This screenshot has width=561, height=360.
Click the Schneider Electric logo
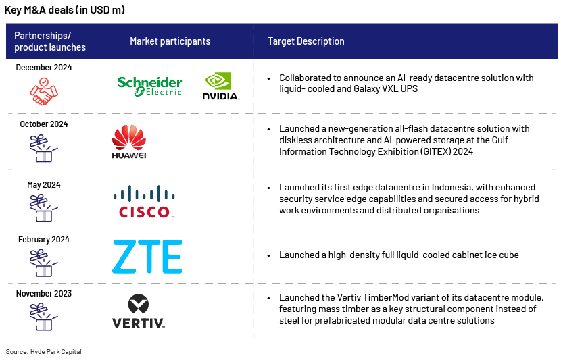pyautogui.click(x=150, y=86)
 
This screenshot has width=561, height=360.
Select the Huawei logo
pyautogui.click(x=129, y=142)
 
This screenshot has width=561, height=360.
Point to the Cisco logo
pyautogui.click(x=144, y=202)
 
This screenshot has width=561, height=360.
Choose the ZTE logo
pyautogui.click(x=147, y=257)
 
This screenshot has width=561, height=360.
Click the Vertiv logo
pyautogui.click(x=138, y=311)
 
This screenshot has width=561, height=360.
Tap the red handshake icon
pyautogui.click(x=44, y=91)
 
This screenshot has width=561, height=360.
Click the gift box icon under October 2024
pyautogui.click(x=44, y=149)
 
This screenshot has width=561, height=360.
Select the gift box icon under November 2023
pyautogui.click(x=44, y=317)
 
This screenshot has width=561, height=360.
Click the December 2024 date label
pyautogui.click(x=44, y=68)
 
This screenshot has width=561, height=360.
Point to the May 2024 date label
pyautogui.click(x=44, y=185)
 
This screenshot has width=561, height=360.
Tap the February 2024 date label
pyautogui.click(x=44, y=240)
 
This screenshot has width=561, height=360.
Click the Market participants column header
pyautogui.click(x=170, y=41)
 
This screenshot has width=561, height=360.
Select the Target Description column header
pyautogui.click(x=306, y=41)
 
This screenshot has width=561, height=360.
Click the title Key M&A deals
pyautogui.click(x=64, y=10)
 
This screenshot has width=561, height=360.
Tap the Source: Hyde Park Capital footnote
pyautogui.click(x=44, y=352)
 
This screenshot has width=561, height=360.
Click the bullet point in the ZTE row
pyautogui.click(x=269, y=255)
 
